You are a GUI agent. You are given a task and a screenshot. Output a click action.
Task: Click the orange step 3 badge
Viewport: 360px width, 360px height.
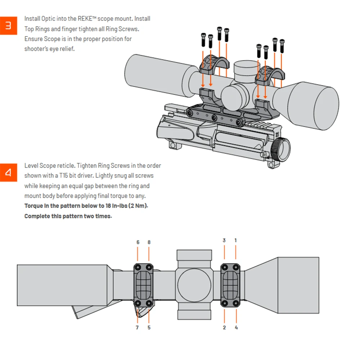point(8,26)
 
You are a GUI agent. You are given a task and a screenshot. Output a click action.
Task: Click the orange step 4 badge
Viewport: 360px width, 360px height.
point(8,173)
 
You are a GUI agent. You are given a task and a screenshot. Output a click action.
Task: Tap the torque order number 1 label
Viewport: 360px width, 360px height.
point(236,240)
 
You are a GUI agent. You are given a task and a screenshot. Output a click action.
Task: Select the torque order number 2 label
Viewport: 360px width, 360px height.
point(224,328)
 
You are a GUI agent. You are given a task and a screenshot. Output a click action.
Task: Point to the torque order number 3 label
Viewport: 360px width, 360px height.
point(224,240)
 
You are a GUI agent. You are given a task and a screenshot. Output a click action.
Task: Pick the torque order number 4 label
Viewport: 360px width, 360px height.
point(236,328)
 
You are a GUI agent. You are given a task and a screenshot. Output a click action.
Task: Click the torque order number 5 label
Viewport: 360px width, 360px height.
point(149,328)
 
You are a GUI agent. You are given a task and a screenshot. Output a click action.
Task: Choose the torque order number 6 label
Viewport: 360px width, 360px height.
point(138,242)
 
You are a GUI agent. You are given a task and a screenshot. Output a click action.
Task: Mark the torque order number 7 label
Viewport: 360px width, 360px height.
point(138,328)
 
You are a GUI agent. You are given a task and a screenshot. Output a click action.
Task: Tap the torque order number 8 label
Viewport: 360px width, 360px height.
point(149,242)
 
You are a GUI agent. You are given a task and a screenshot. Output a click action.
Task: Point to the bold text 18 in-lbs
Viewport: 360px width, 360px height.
point(118,206)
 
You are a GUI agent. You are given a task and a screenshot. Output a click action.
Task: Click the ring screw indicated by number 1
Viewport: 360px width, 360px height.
point(236,267)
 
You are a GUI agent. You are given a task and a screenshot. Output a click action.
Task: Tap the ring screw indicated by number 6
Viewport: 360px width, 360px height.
point(138,267)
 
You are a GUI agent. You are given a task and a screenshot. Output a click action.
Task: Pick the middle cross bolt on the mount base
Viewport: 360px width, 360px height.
point(214,118)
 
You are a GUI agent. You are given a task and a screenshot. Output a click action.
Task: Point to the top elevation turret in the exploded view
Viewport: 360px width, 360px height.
point(246,68)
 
